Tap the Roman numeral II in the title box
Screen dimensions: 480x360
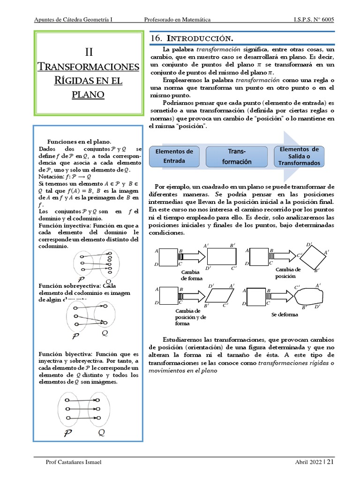tap(89, 52)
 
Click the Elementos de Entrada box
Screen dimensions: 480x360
tap(174, 156)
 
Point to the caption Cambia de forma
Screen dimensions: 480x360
tap(191, 275)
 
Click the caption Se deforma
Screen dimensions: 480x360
tap(285, 315)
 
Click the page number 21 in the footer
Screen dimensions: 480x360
tap(330, 462)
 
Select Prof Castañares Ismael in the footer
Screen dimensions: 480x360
tap(73, 462)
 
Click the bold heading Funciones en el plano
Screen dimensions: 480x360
tap(79, 142)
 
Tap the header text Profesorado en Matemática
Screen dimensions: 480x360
tap(177, 19)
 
